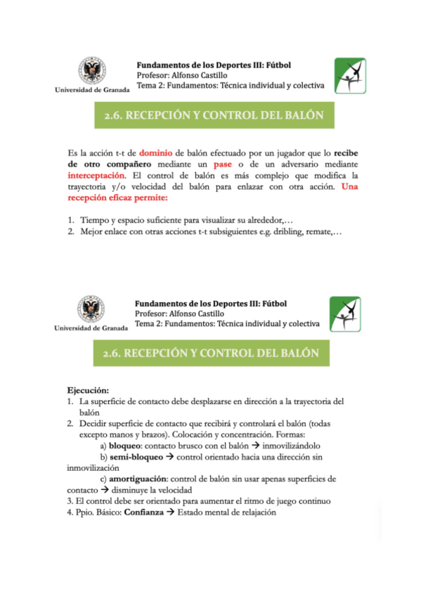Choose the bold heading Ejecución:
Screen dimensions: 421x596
88,390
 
